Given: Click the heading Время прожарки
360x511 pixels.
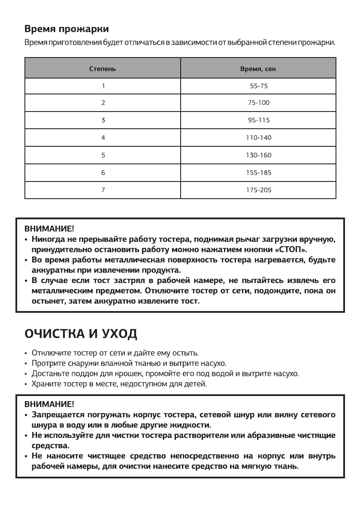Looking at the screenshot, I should coord(67,30).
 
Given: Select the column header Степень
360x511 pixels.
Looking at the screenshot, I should coord(102,69).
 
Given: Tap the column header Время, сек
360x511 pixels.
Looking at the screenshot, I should coord(258,69).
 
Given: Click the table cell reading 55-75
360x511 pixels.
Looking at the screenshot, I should coord(258,86).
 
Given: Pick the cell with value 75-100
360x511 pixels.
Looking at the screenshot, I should coord(258,103).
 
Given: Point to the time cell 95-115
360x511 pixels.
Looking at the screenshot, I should coord(258,121).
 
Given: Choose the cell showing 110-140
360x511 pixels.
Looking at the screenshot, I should coord(258,138).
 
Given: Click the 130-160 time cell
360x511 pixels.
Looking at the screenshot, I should coord(258,155).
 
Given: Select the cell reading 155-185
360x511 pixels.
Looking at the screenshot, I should coord(258,172).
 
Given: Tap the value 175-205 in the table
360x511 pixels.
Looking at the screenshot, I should coord(258,190).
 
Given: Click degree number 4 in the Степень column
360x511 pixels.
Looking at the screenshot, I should coord(103,138).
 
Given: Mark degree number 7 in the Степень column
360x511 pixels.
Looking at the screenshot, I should coord(103,190).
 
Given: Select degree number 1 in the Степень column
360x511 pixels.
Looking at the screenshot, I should coord(103,86).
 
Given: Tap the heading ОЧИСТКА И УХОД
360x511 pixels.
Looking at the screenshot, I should coord(81,334).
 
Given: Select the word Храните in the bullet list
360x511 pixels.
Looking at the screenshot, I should coord(45,384).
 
